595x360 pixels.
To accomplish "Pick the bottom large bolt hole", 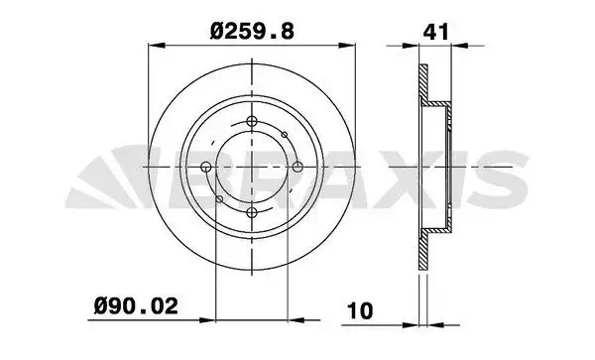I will [x=251, y=210].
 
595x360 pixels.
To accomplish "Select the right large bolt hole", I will [x=295, y=167].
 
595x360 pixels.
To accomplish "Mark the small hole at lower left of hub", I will [x=219, y=197].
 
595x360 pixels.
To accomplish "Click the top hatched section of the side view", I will [x=423, y=84].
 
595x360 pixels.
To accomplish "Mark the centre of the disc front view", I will [x=251, y=167].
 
